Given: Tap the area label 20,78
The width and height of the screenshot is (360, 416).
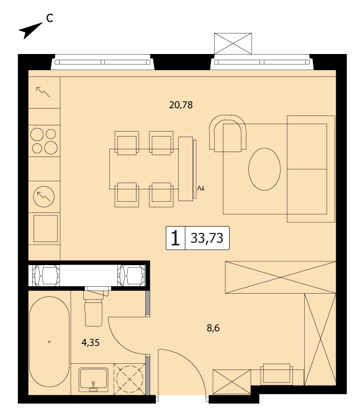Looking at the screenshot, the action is [x=181, y=106].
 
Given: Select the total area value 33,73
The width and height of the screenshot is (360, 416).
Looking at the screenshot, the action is [x=207, y=238].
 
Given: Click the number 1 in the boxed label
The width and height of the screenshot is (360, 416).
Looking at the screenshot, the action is [x=176, y=238].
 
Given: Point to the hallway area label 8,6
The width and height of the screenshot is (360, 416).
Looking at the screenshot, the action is [x=213, y=328].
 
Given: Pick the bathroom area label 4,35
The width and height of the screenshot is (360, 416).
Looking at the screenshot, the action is [x=91, y=343].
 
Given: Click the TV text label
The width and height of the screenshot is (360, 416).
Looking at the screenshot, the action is [x=201, y=188].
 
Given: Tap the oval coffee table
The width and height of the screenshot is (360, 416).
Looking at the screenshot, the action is [x=264, y=169].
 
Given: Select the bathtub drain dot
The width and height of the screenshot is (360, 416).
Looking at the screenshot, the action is [x=49, y=341].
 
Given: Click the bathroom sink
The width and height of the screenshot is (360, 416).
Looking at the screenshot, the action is [x=93, y=380].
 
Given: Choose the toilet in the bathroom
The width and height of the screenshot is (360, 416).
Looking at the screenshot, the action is [x=94, y=308].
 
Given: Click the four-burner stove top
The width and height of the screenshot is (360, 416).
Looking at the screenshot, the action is [x=44, y=141].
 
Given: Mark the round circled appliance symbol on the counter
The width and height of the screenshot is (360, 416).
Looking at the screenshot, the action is [x=44, y=197].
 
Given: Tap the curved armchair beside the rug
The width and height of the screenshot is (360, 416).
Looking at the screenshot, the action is [x=227, y=133].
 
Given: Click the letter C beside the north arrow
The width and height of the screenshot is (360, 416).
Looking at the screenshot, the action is [x=50, y=18].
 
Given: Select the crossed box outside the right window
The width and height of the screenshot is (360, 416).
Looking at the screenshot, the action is [x=233, y=43].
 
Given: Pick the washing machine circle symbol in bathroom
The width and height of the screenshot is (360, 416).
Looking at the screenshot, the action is [x=130, y=379].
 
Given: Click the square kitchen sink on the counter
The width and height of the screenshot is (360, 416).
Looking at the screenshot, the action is [x=46, y=228].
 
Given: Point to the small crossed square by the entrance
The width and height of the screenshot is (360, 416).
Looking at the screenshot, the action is [x=232, y=381].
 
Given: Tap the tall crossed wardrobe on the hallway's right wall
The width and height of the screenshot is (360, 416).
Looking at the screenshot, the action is [x=320, y=339].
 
